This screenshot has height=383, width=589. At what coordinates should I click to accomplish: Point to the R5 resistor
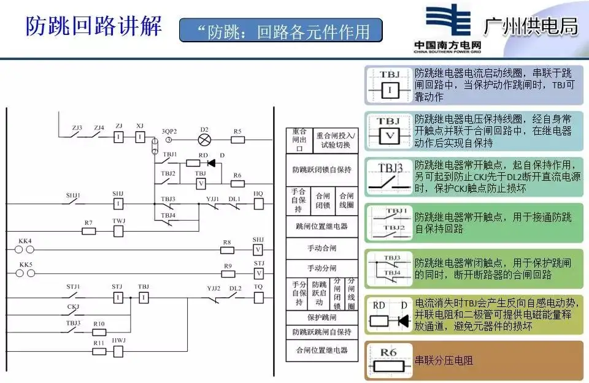pos(237,140)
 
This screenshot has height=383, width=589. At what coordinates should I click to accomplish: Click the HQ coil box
pos(258,203)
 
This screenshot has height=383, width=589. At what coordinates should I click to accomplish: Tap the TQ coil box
pos(258,297)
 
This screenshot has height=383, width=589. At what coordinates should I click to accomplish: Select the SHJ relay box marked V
pos(258,250)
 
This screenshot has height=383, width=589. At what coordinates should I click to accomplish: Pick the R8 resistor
pos(227,250)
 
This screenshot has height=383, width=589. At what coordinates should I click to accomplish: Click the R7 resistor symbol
pos(89,231)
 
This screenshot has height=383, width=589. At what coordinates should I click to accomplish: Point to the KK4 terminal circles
pos(25,250)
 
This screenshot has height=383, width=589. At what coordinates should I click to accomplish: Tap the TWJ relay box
pos(118,231)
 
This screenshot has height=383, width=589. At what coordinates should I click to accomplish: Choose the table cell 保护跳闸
pos(321,318)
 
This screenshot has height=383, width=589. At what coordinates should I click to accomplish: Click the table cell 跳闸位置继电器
pos(321,226)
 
